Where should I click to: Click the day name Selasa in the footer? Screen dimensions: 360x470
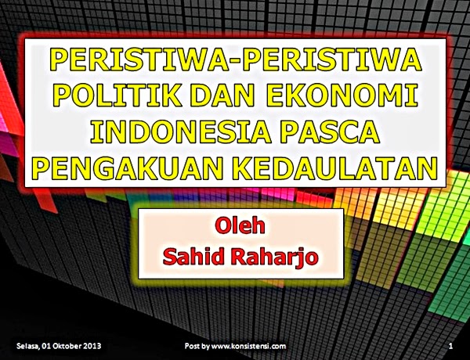pyautogui.click(x=30, y=345)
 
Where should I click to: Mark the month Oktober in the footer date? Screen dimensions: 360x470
pyautogui.click(x=74, y=345)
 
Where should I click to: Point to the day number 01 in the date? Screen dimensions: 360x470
pyautogui.click(x=52, y=345)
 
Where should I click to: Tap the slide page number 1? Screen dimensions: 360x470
pyautogui.click(x=452, y=345)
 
